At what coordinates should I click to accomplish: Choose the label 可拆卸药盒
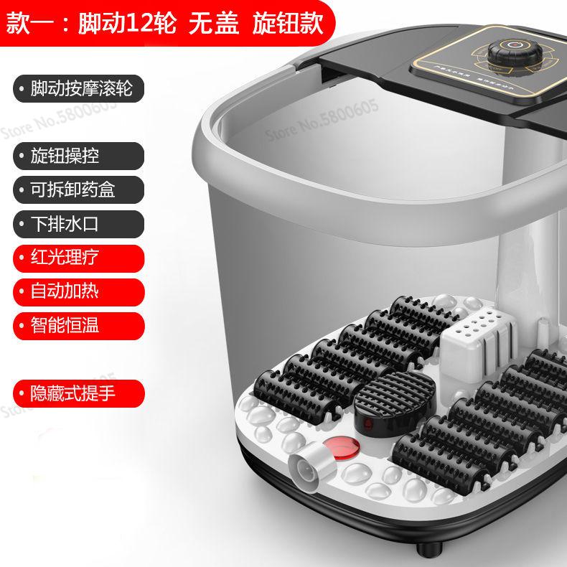[x=72, y=189]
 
